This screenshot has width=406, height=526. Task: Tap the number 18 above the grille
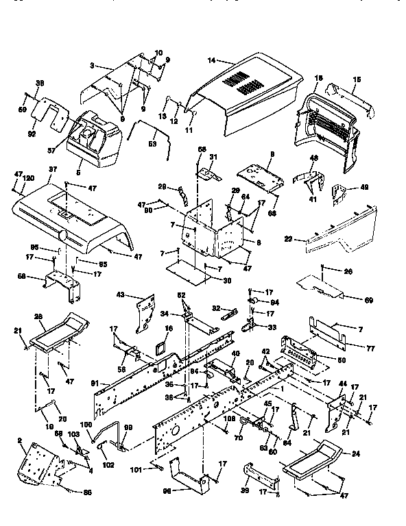pos(318,79)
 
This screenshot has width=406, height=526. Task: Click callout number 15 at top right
pos(356,79)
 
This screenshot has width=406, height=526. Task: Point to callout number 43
pos(121,295)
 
